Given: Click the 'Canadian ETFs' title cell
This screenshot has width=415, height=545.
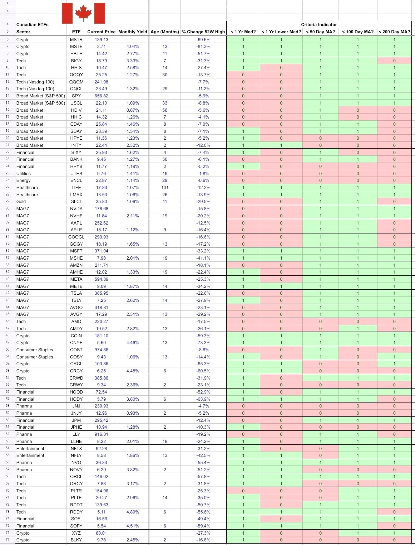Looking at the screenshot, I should tap(32, 25).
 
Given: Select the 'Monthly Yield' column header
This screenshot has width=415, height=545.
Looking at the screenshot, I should tap(133, 32).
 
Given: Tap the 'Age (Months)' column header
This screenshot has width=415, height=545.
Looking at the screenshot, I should tap(165, 32).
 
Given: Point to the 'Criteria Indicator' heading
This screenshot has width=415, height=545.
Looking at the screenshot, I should tap(319, 25).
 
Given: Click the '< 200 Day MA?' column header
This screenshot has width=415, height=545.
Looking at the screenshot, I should tap(394, 32).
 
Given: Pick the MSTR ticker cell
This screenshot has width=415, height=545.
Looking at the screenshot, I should tap(76, 40).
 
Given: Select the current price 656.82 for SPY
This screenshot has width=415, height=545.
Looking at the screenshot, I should tap(101, 96).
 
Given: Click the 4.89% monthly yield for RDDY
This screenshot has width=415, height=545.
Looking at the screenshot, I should tap(133, 512).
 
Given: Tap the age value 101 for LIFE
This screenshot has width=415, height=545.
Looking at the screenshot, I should tap(165, 188).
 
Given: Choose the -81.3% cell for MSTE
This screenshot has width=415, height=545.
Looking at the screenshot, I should tap(203, 47).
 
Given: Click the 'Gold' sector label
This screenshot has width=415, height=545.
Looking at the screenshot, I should tap(21, 202).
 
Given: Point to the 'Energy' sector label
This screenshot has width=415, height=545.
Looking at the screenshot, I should tap(23, 180).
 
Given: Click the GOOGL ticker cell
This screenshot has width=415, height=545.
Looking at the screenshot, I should tap(76, 237).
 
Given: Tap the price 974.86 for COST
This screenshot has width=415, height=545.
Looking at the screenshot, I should tap(101, 350).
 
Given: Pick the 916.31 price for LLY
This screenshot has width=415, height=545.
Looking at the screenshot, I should tap(101, 434).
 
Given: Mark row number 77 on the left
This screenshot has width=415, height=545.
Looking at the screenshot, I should tap(8, 540).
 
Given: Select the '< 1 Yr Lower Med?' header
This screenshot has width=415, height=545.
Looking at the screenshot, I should tap(281, 32).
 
